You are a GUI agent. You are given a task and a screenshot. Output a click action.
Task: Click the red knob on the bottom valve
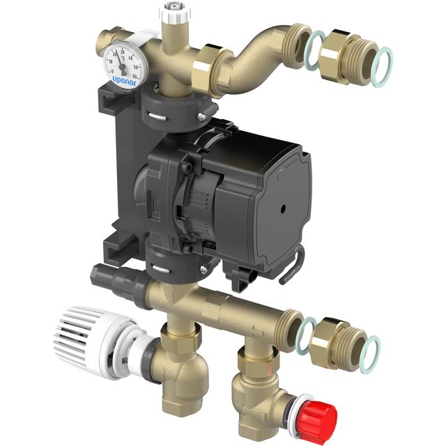pyautogui.click(x=322, y=417)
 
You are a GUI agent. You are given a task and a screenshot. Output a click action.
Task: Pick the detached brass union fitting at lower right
pyautogui.click(x=339, y=341)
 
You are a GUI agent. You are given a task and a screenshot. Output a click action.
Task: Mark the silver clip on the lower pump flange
pyautogui.click(x=160, y=263)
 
